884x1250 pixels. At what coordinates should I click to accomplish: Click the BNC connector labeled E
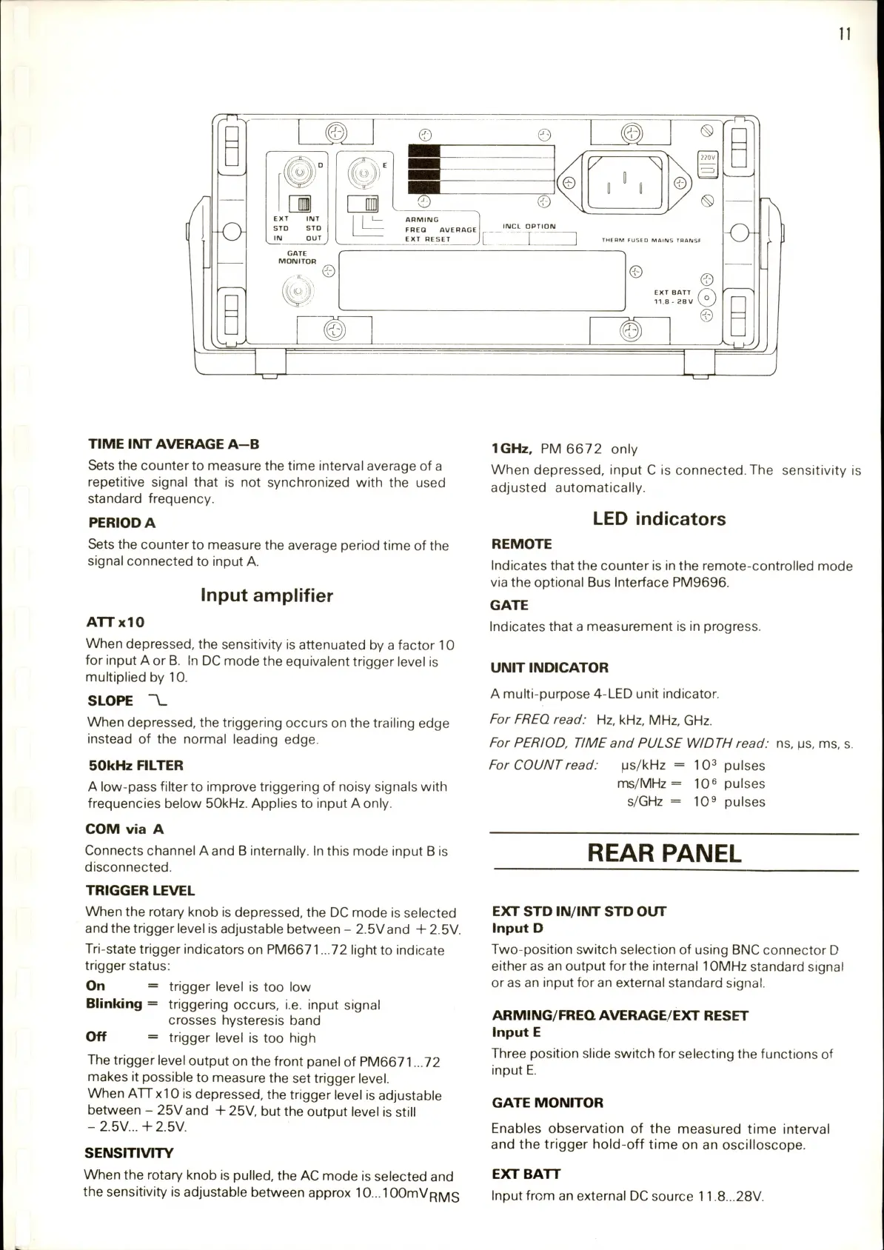coord(364,176)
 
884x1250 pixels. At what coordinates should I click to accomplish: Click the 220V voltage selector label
coord(708,158)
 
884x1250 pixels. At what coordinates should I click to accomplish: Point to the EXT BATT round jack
coord(708,298)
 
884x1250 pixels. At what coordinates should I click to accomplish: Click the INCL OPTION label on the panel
coord(529,227)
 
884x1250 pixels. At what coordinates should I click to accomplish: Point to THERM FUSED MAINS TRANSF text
coord(651,240)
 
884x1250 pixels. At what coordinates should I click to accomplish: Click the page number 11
coord(845,33)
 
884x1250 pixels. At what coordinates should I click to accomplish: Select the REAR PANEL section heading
coord(663,853)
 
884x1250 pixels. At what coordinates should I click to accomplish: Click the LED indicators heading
coord(659,519)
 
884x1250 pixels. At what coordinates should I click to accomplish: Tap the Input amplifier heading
coord(267,595)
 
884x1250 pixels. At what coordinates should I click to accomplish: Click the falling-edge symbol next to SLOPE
coord(158,701)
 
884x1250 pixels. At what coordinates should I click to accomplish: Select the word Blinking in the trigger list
coord(114,1004)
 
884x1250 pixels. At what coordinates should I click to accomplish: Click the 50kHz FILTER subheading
coord(135,766)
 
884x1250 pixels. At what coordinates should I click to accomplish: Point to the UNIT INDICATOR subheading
coord(549,668)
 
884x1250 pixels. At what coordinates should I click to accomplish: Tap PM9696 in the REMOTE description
coord(700,583)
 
